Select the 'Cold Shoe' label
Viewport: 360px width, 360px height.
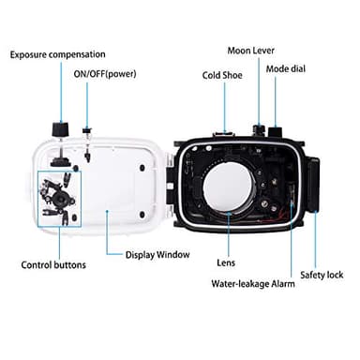pos(222,75)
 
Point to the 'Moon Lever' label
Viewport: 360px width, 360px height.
pos(251,50)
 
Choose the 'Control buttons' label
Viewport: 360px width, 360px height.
pos(53,264)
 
